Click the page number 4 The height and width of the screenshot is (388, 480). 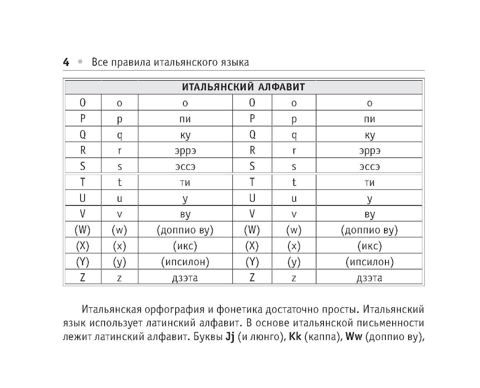click(66, 62)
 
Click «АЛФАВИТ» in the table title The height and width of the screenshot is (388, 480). click(281, 87)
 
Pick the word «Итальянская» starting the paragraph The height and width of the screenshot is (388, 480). click(112, 308)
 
